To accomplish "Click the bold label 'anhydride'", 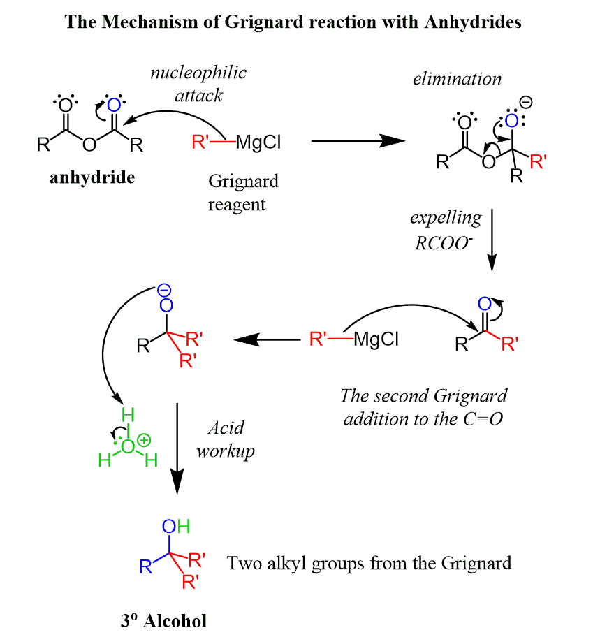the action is coord(92,177).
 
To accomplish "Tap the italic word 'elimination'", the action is coord(457,78).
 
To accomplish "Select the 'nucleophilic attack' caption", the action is coord(199,83).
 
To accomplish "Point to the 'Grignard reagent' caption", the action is coord(243,193).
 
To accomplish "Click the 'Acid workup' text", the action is coord(225,439).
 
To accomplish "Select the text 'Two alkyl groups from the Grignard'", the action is coord(369,562).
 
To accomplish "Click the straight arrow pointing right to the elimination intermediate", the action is coord(358,140).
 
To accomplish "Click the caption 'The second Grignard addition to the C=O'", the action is coord(425,407).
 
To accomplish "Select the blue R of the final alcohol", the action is coord(145,566).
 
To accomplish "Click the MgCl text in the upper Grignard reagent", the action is coord(259,143).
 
